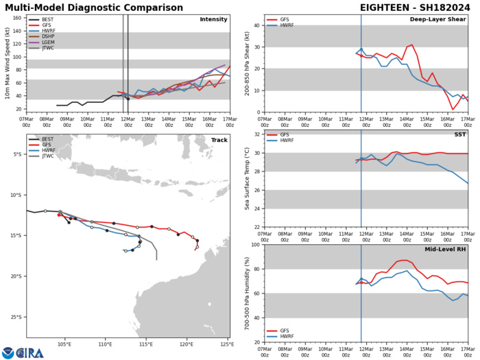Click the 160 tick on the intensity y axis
tap(16, 18)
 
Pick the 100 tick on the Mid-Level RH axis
tap(254, 245)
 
